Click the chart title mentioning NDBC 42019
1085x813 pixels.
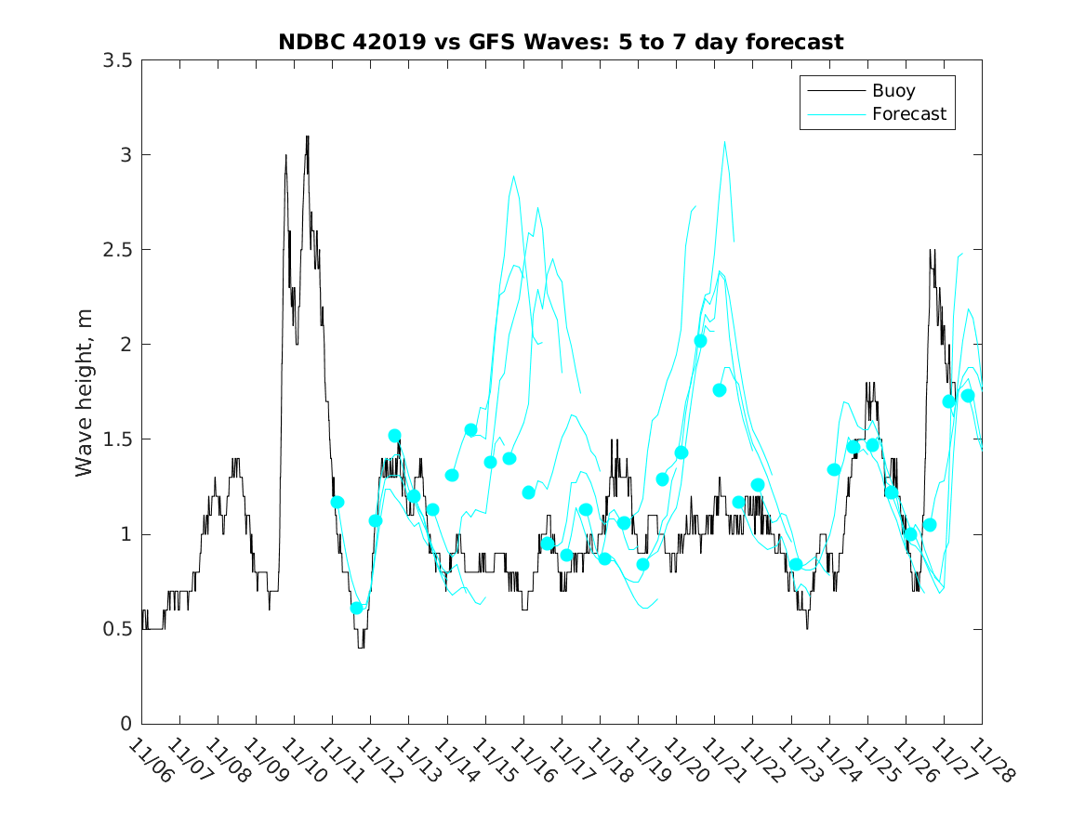point(561,42)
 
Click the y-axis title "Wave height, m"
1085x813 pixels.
point(85,392)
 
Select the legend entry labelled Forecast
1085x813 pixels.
point(908,114)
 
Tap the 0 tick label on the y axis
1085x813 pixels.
point(125,725)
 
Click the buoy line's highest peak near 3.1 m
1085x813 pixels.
point(307,137)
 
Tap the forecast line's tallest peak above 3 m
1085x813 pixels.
point(724,142)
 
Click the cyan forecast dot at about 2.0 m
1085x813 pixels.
point(700,341)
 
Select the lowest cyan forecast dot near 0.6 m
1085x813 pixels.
point(356,608)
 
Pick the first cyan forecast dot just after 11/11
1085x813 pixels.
point(337,502)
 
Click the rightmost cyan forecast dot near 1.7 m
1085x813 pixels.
point(968,396)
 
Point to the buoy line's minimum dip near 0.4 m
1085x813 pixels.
point(361,647)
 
